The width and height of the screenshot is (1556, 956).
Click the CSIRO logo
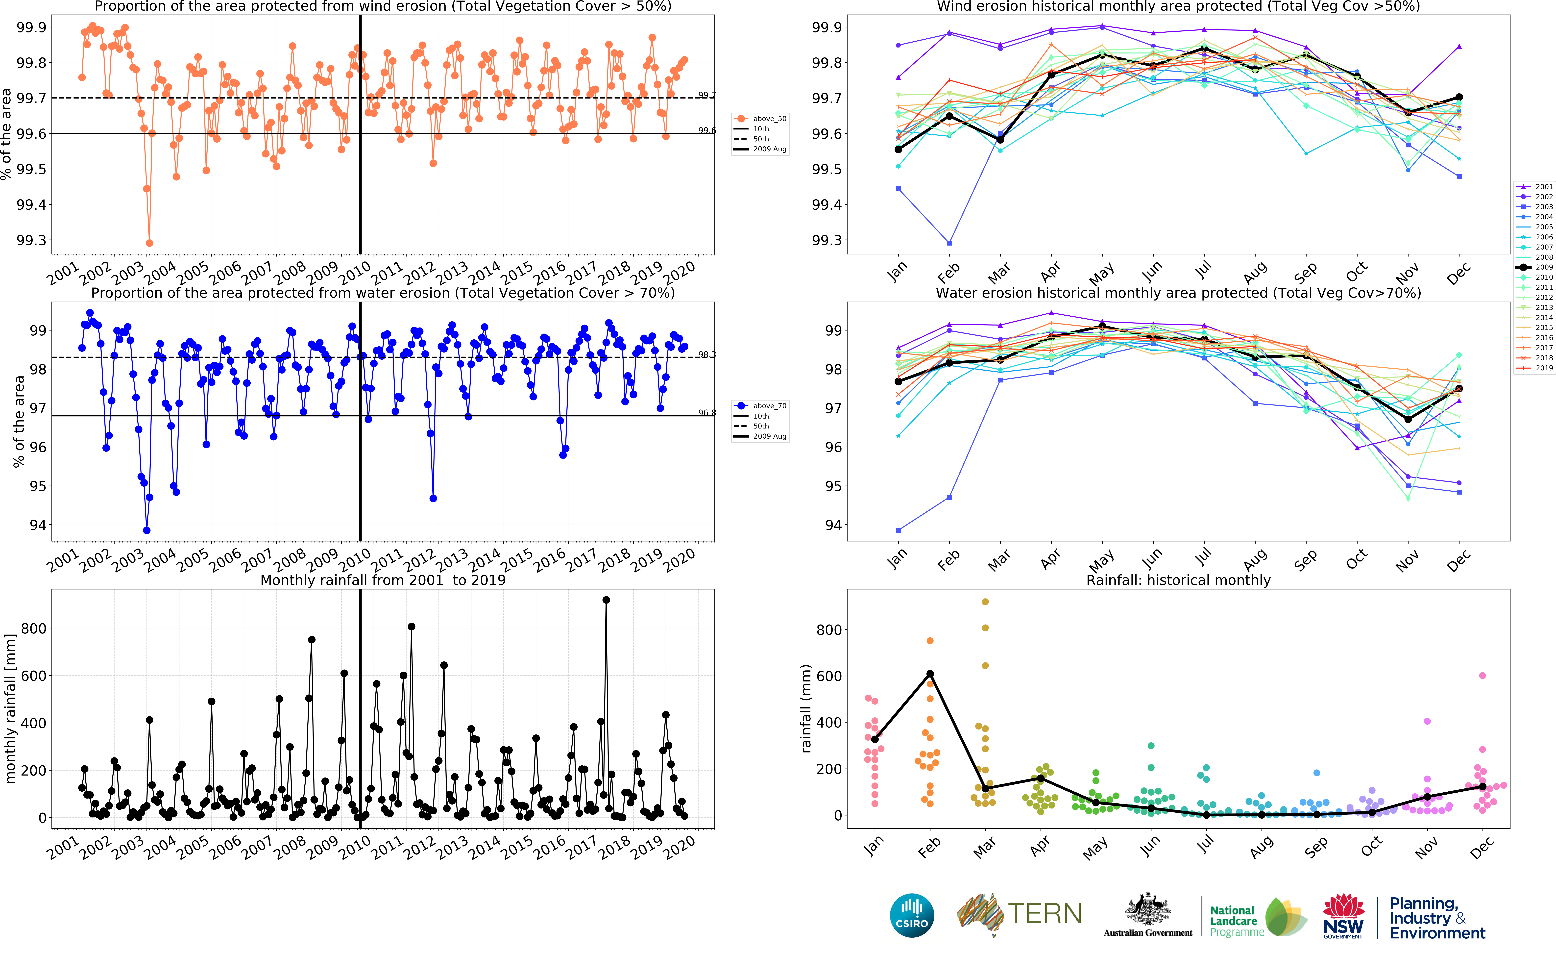coord(912,915)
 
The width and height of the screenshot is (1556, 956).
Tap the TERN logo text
coord(1045,914)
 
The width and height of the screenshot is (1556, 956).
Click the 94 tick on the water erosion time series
coord(38,525)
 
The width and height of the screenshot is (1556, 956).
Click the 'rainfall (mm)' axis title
coord(806,708)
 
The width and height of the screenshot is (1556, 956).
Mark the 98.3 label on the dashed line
coord(707,355)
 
